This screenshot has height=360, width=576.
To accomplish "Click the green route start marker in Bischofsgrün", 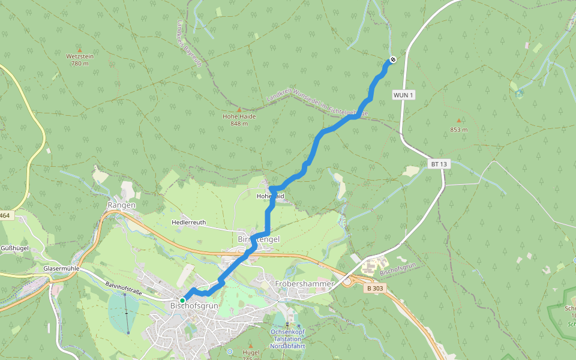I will pos(182,300).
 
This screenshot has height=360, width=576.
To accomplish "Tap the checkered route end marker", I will pos(392,59).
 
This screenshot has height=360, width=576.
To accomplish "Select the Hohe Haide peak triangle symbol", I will pos(239,110).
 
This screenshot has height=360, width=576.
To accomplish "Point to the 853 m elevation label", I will pos(458,130).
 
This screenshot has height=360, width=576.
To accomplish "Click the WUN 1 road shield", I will pos(404,95).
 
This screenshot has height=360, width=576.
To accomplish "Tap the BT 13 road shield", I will pos(439,164).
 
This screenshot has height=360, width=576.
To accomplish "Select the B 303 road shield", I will pos(374,289).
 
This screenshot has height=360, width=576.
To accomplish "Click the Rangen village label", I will pos(121,205).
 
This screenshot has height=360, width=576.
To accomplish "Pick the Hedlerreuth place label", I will pos(188,222).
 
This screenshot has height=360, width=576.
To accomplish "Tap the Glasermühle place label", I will pos(62,268).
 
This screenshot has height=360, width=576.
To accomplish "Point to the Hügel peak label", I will pos(251,352).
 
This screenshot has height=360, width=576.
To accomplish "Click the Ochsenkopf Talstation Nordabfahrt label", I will pos(286,339).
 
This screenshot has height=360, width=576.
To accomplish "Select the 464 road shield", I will pos(5,215).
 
